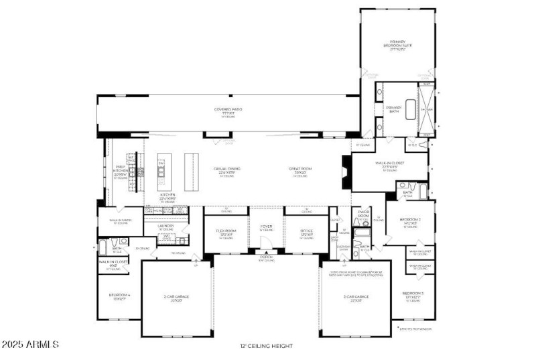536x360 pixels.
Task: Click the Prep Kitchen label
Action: [121, 171]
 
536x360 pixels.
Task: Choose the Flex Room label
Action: [226, 232]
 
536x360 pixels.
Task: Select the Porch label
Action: [266, 258]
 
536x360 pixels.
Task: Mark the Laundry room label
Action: [165, 227]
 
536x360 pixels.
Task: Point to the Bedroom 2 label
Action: [409, 221]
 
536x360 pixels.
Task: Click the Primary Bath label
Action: [393, 109]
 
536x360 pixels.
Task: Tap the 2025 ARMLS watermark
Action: [29, 345]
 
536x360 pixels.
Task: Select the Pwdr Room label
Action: [364, 214]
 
